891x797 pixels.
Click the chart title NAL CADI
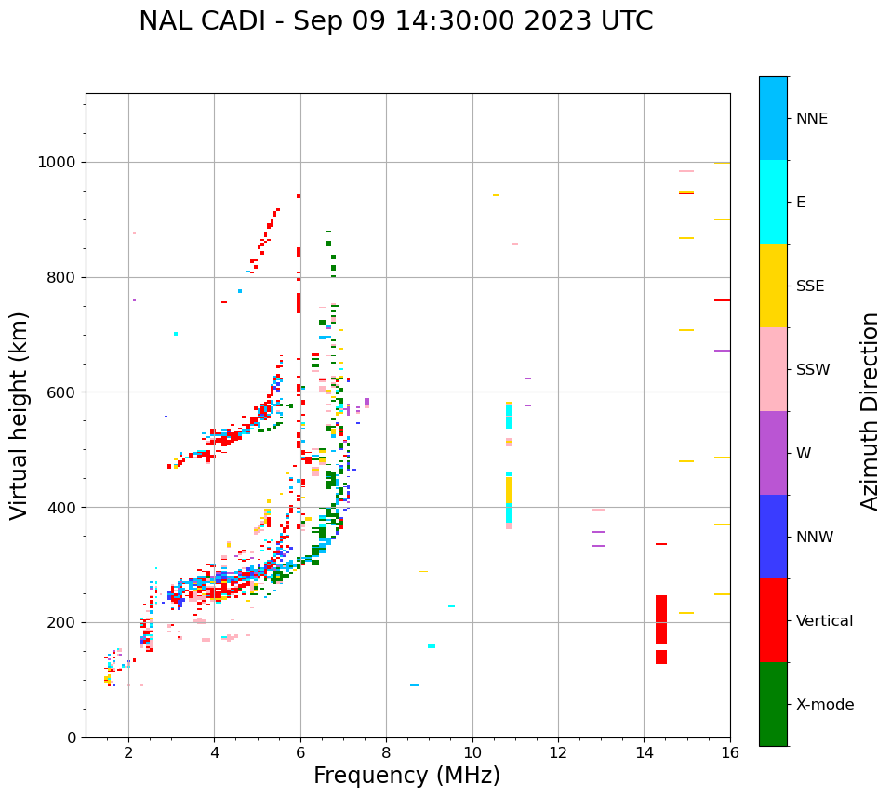pos(395,21)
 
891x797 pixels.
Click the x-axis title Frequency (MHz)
pos(406,776)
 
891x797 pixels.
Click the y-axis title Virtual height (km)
pos(20,415)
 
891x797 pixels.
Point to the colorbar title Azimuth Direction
pos(870,410)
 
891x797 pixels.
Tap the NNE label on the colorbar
pos(811,119)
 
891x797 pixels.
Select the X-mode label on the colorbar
pos(825,705)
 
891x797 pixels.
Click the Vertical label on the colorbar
pos(824,621)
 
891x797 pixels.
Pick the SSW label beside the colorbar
pos(812,370)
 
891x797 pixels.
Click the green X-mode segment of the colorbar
pos(773,704)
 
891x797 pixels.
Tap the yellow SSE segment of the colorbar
pos(773,286)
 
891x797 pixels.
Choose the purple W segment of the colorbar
pos(773,453)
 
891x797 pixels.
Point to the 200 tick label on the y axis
pos(65,622)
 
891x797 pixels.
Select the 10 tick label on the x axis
pos(472,752)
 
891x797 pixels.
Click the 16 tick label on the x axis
pos(730,752)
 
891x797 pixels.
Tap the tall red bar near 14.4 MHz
pos(661,619)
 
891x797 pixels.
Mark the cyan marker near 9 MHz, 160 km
pos(432,646)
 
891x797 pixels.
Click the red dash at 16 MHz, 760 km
pos(722,300)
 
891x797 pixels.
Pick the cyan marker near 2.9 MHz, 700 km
pos(176,334)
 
